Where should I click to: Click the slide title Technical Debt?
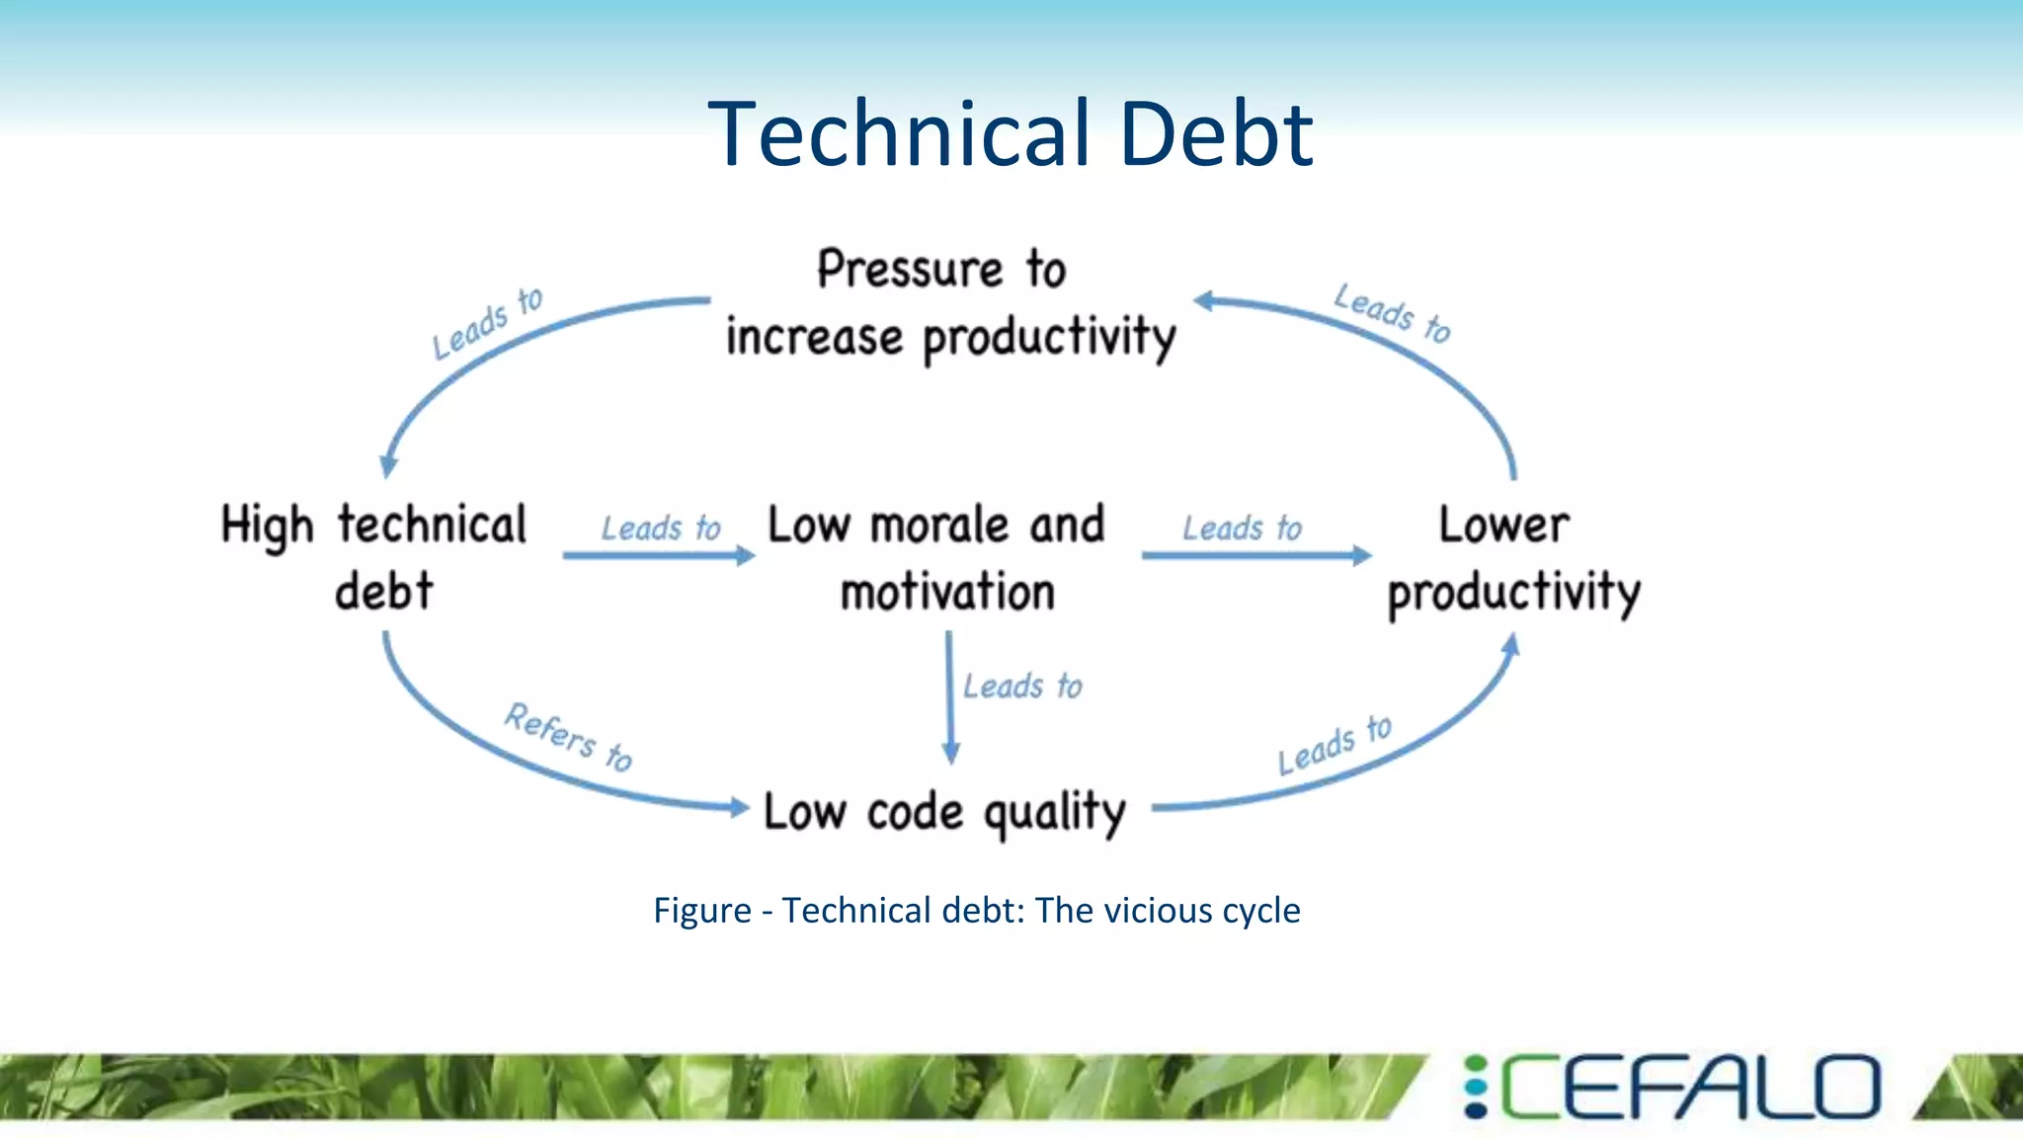click(1010, 134)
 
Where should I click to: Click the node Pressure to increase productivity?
click(949, 303)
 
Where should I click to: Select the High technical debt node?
click(375, 557)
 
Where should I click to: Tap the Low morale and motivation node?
click(937, 557)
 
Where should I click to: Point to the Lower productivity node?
click(1511, 558)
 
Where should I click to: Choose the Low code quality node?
click(944, 812)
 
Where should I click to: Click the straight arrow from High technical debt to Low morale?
click(656, 556)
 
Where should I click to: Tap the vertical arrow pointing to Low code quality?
click(949, 696)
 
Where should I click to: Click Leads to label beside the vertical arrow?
click(1022, 686)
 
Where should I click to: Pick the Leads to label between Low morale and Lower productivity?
click(1242, 528)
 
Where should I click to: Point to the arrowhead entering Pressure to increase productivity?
click(1205, 300)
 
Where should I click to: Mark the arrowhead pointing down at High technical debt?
click(389, 464)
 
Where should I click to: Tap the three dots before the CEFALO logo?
click(1475, 1088)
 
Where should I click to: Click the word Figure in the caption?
click(702, 910)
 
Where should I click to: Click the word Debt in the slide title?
click(1216, 134)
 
